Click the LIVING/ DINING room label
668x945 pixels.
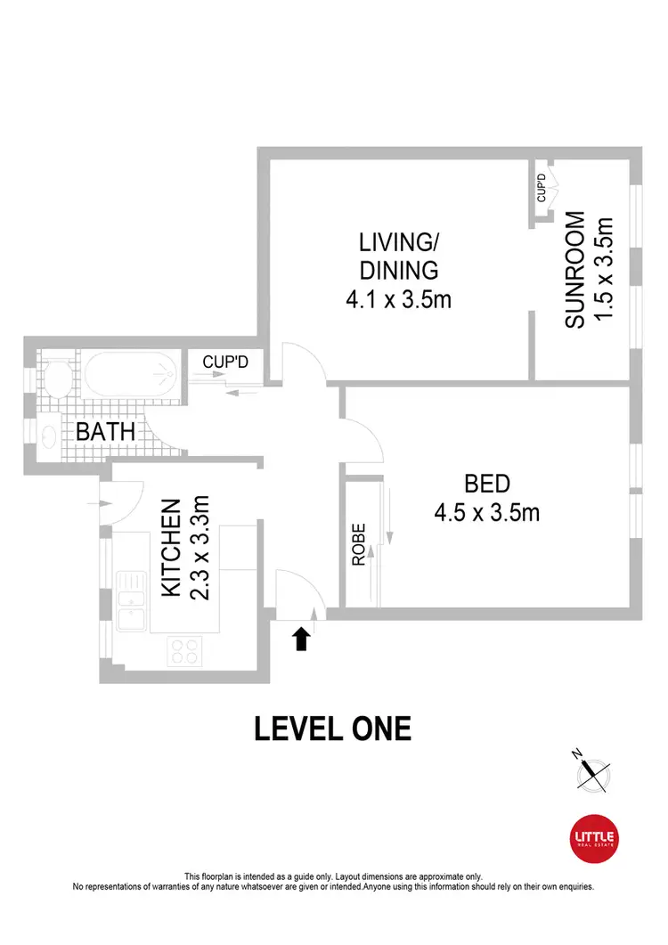tap(398, 255)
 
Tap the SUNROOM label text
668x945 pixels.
tap(575, 270)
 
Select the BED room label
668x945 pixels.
tap(487, 484)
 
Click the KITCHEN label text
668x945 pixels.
tap(172, 547)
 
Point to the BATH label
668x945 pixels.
tap(105, 433)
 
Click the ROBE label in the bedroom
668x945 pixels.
tap(358, 545)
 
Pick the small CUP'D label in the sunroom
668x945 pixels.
tap(541, 189)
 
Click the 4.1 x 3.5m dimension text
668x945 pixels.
tap(398, 299)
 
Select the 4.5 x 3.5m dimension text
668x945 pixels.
tap(487, 513)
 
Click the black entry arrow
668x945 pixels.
tap(302, 638)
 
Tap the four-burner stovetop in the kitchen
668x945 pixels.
tap(184, 651)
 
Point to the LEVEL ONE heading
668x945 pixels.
tap(333, 729)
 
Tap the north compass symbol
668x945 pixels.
tap(593, 773)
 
